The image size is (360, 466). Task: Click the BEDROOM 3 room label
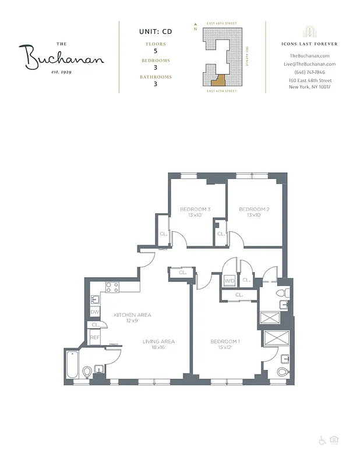coord(195,210)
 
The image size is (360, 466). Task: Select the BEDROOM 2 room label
coord(254,210)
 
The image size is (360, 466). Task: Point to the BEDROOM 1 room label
coord(225,342)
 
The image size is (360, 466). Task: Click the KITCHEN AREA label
coord(132,315)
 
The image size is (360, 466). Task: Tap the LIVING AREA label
coord(159,342)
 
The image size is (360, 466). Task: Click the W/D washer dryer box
coord(230,281)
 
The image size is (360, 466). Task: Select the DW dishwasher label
coord(94,312)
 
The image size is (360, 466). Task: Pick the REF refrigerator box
coord(94,337)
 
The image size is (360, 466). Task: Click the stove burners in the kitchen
coord(112,287)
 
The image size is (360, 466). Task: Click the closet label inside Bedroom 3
coord(164,234)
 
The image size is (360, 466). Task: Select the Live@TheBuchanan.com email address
coord(309,64)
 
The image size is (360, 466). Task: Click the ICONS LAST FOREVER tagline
coord(309,44)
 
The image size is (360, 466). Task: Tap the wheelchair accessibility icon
coord(322,440)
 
